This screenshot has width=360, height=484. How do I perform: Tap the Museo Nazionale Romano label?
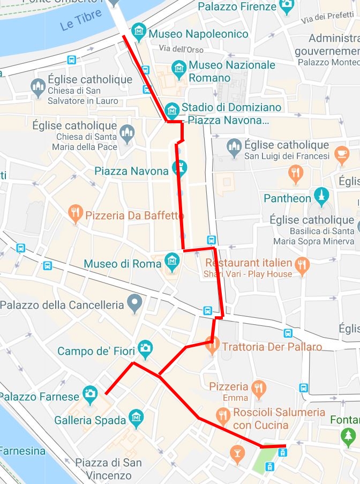click(232, 71)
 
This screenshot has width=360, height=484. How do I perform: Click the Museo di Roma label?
click(122, 264)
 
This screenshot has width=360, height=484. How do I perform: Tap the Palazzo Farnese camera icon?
click(89, 396)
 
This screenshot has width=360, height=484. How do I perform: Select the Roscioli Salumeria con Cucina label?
click(279, 419)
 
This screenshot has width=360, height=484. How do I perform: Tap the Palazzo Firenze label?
click(237, 7)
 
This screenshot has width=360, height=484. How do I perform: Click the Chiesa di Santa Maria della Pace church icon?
click(127, 133)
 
